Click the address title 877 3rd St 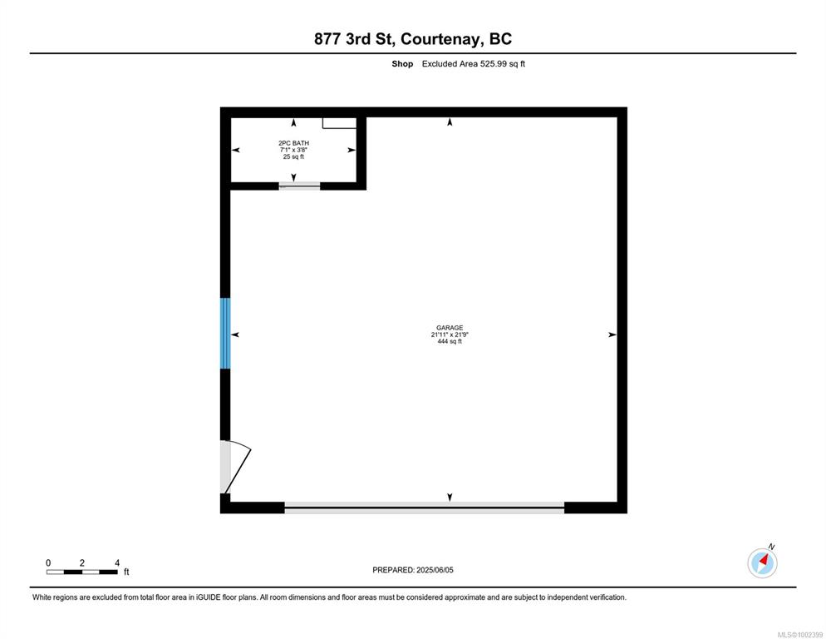click(x=354, y=39)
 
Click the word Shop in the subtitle click(x=402, y=64)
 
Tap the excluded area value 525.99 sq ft click(x=503, y=64)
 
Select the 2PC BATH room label click(x=293, y=143)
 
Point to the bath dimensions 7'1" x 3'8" click(x=293, y=150)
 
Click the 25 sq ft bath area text click(x=293, y=156)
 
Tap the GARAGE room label click(x=450, y=328)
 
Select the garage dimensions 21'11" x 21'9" click(x=450, y=334)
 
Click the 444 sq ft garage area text click(x=450, y=341)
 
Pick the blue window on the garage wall click(x=225, y=333)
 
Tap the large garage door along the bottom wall click(x=424, y=508)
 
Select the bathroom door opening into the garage click(x=299, y=186)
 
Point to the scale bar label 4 click(x=117, y=563)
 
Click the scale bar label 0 click(x=48, y=563)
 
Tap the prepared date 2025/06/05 click(x=435, y=570)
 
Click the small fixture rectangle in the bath click(x=339, y=123)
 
